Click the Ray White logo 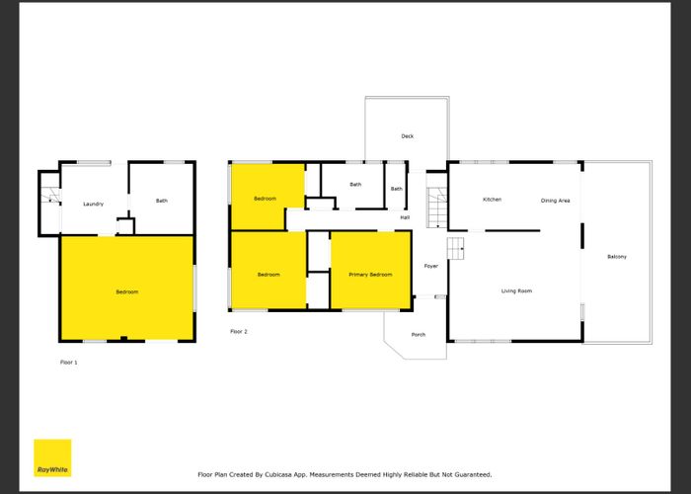52,457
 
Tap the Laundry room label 94,205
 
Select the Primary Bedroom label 370,275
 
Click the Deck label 407,136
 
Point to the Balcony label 617,257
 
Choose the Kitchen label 492,200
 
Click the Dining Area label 555,201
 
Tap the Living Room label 516,290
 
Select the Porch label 418,335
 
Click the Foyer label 430,266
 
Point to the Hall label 405,217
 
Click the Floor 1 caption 68,363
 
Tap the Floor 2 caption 238,331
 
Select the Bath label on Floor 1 161,202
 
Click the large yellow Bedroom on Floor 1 126,291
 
